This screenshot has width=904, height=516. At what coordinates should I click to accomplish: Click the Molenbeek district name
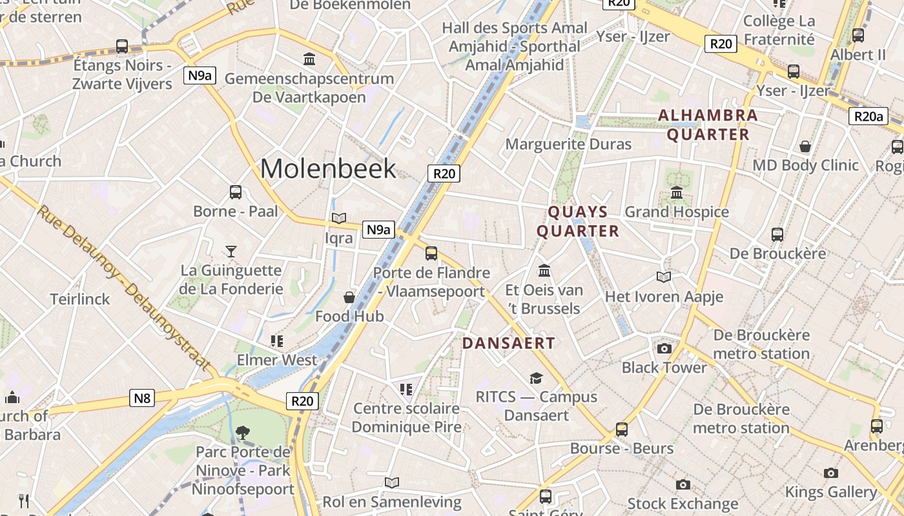click(328, 169)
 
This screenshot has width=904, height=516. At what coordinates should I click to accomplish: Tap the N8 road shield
click(142, 398)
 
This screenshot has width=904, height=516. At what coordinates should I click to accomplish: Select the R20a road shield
click(868, 116)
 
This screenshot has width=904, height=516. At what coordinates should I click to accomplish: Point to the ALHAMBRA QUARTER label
click(708, 125)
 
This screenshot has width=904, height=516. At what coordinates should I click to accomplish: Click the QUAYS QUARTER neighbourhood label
click(578, 221)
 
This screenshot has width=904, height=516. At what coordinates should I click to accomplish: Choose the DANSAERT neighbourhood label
click(509, 343)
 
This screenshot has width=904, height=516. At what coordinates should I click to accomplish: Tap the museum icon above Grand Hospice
click(677, 192)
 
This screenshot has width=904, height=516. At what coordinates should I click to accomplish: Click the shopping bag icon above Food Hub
click(349, 297)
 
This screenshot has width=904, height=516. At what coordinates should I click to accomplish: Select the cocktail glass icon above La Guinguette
click(231, 251)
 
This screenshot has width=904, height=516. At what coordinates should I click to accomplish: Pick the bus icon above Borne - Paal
click(236, 192)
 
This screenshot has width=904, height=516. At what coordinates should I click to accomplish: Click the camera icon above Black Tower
click(664, 349)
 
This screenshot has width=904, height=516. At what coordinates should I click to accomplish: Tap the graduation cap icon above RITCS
click(536, 378)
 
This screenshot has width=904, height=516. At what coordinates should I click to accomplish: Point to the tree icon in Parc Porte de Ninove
click(243, 432)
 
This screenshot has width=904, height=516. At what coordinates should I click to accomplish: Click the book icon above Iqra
click(339, 219)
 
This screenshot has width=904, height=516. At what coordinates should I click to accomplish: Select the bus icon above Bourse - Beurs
click(621, 430)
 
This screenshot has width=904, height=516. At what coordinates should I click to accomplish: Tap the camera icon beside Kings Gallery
click(831, 473)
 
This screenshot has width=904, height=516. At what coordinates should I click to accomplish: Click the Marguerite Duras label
click(568, 144)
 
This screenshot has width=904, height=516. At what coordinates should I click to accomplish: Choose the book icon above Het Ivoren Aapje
click(664, 277)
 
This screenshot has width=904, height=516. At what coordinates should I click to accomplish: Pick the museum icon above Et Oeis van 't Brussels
click(544, 270)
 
